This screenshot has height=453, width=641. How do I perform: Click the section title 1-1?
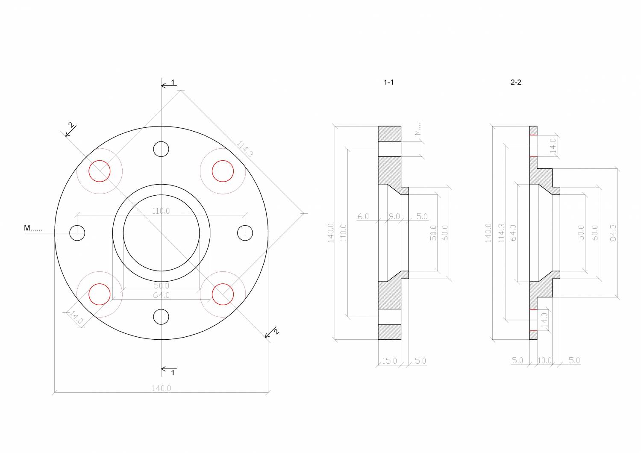[x=388, y=82]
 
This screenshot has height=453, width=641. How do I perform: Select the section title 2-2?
[x=516, y=82]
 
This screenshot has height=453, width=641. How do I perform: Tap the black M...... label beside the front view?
[x=33, y=228]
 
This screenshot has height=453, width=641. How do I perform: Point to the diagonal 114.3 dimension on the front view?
[x=244, y=149]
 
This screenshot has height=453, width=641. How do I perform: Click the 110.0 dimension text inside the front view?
[x=161, y=211]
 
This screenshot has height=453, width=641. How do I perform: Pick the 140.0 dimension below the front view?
[x=161, y=388]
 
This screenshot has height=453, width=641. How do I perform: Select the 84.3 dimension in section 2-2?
[x=613, y=232]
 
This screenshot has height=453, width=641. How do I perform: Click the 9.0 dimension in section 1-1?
[x=394, y=216]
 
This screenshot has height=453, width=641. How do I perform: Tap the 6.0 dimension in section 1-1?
[x=363, y=216]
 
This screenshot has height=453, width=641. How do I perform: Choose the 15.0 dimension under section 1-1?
[x=389, y=361]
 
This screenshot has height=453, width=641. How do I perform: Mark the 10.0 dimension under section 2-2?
[x=544, y=361]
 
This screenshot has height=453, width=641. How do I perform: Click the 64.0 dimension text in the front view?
[x=161, y=295]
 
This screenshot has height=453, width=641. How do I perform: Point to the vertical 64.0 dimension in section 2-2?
[x=513, y=232]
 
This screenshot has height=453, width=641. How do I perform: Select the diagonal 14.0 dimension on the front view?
[x=76, y=317]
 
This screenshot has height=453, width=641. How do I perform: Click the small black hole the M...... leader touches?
[x=77, y=233]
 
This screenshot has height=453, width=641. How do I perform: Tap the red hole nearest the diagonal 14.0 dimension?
[x=99, y=294]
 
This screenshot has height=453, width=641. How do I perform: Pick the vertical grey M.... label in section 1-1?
[x=418, y=128]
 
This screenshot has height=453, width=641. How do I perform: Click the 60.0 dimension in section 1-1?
[x=444, y=232]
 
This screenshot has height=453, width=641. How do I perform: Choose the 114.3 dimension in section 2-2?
[x=501, y=233]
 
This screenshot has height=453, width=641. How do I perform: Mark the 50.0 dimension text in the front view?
[x=161, y=285]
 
